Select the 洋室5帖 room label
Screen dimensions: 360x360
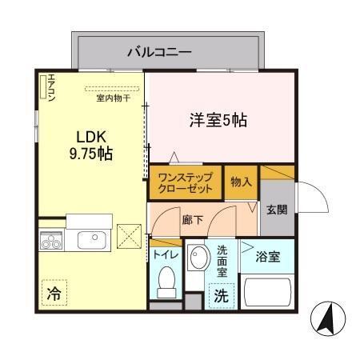[x=218, y=121]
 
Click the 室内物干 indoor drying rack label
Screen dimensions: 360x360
[x=112, y=98]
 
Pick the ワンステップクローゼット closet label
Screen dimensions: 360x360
[x=186, y=183]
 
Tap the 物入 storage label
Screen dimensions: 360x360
[x=242, y=182]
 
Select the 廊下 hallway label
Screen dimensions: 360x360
[x=191, y=220]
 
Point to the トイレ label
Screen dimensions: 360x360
[x=166, y=255]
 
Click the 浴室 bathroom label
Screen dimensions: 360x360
[x=266, y=257]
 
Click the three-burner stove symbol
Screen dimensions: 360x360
[x=52, y=240]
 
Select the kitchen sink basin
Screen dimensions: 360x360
[x=86, y=240]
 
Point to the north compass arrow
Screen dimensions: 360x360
[x=326, y=319]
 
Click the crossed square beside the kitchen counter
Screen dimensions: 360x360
[x=128, y=236]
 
